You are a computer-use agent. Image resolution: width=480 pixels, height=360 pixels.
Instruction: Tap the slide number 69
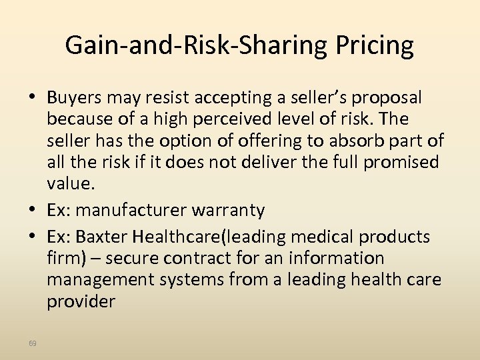pyautogui.click(x=33, y=343)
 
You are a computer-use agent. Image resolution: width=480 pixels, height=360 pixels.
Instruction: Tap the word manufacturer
pyautogui.click(x=134, y=210)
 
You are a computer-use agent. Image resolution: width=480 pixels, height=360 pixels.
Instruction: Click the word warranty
pyautogui.click(x=228, y=210)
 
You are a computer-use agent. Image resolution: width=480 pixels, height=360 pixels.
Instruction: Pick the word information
pyautogui.click(x=342, y=258)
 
